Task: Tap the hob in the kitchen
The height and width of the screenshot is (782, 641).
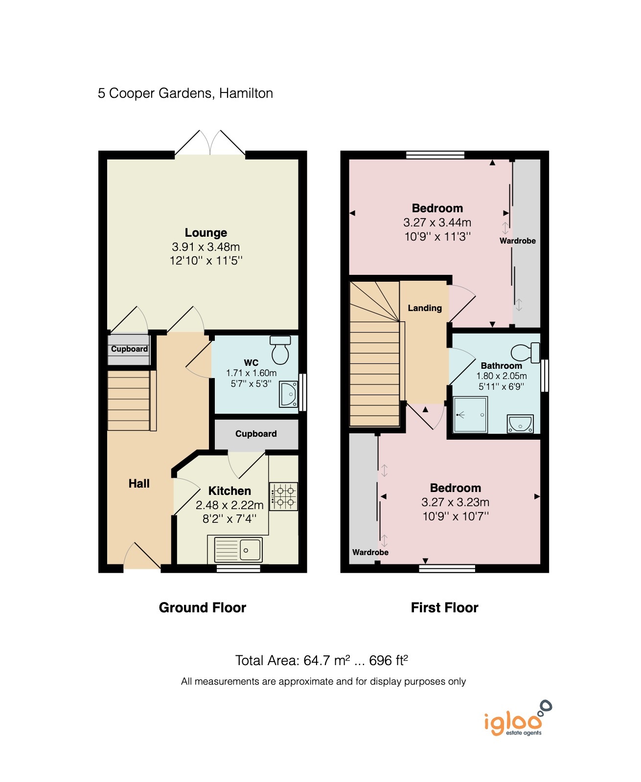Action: click(x=284, y=496)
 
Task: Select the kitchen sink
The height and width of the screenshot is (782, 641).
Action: click(x=238, y=549)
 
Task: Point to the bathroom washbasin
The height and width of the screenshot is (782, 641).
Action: click(x=520, y=424)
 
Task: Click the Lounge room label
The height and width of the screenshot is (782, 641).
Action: click(x=206, y=233)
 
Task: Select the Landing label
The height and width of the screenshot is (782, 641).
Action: click(x=425, y=308)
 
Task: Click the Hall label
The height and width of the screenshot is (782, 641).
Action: click(x=139, y=484)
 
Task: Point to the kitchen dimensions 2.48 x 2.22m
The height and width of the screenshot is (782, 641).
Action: click(x=229, y=505)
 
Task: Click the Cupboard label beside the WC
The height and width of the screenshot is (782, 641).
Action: click(x=256, y=434)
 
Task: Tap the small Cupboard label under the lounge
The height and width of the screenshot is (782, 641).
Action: click(x=129, y=349)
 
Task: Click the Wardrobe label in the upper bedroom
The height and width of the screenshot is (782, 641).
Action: click(x=517, y=241)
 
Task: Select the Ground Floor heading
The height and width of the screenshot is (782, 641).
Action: click(x=202, y=607)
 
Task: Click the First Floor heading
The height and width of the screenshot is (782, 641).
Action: click(x=444, y=607)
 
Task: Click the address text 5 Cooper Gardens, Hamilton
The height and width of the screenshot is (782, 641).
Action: click(x=185, y=93)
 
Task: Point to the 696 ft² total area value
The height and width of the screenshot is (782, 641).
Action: click(x=389, y=661)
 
